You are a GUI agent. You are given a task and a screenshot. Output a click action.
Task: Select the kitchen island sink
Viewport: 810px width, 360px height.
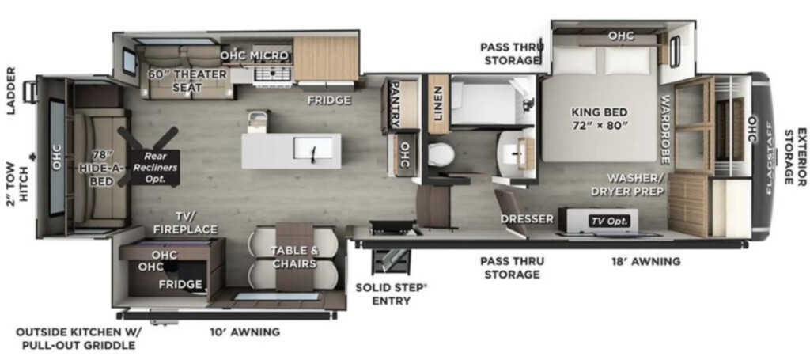(x=312, y=149)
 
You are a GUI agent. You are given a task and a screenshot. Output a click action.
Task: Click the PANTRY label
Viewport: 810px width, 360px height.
(x=394, y=104)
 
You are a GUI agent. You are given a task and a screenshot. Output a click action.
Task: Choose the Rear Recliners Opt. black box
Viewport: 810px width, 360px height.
(x=154, y=168)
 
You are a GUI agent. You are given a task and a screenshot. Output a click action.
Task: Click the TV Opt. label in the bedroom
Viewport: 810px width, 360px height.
(x=610, y=221)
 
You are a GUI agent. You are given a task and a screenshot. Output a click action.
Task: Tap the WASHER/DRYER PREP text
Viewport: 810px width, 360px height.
(x=635, y=185)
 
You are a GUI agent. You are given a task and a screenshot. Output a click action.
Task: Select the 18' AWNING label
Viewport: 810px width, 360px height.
(x=645, y=261)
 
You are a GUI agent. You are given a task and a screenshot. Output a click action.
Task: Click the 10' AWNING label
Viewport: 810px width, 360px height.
(x=245, y=332)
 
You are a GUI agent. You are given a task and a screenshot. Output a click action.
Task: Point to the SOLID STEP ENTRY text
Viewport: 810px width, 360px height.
(x=390, y=294)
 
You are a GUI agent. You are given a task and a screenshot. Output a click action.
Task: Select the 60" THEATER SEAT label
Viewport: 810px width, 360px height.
(x=187, y=81)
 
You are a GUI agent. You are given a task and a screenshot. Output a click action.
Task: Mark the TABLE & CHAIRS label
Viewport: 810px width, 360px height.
(x=293, y=258)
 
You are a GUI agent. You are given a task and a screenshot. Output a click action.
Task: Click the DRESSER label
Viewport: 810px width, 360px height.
(x=527, y=219)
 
